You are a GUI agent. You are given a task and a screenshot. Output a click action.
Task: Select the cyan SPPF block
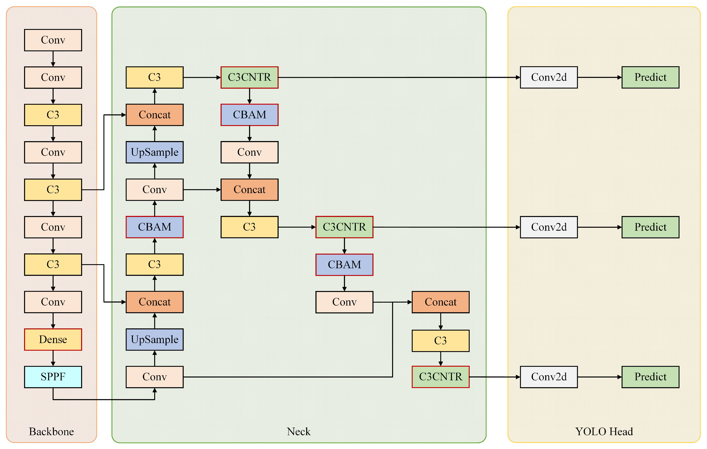pyautogui.click(x=53, y=377)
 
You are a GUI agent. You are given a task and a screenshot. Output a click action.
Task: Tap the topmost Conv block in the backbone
pyautogui.click(x=53, y=40)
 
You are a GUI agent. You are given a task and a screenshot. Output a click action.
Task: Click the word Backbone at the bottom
pyautogui.click(x=51, y=431)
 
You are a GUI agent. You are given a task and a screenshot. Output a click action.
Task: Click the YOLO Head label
pyautogui.click(x=604, y=431)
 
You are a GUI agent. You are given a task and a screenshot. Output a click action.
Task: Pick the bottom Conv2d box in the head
pyautogui.click(x=549, y=377)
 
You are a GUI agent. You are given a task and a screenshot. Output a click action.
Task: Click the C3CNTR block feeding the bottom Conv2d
pyautogui.click(x=440, y=377)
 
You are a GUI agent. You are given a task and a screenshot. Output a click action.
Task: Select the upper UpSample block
pyautogui.click(x=154, y=152)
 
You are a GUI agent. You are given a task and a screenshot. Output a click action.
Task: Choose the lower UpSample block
pyautogui.click(x=154, y=340)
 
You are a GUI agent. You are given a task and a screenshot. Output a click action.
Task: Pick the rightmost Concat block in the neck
pyautogui.click(x=440, y=302)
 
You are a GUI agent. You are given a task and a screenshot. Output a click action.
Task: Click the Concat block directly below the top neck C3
pyautogui.click(x=154, y=115)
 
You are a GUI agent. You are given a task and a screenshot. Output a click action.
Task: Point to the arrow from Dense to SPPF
pyautogui.click(x=53, y=358)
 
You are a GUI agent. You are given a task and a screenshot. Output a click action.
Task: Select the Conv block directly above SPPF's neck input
pyautogui.click(x=154, y=377)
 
